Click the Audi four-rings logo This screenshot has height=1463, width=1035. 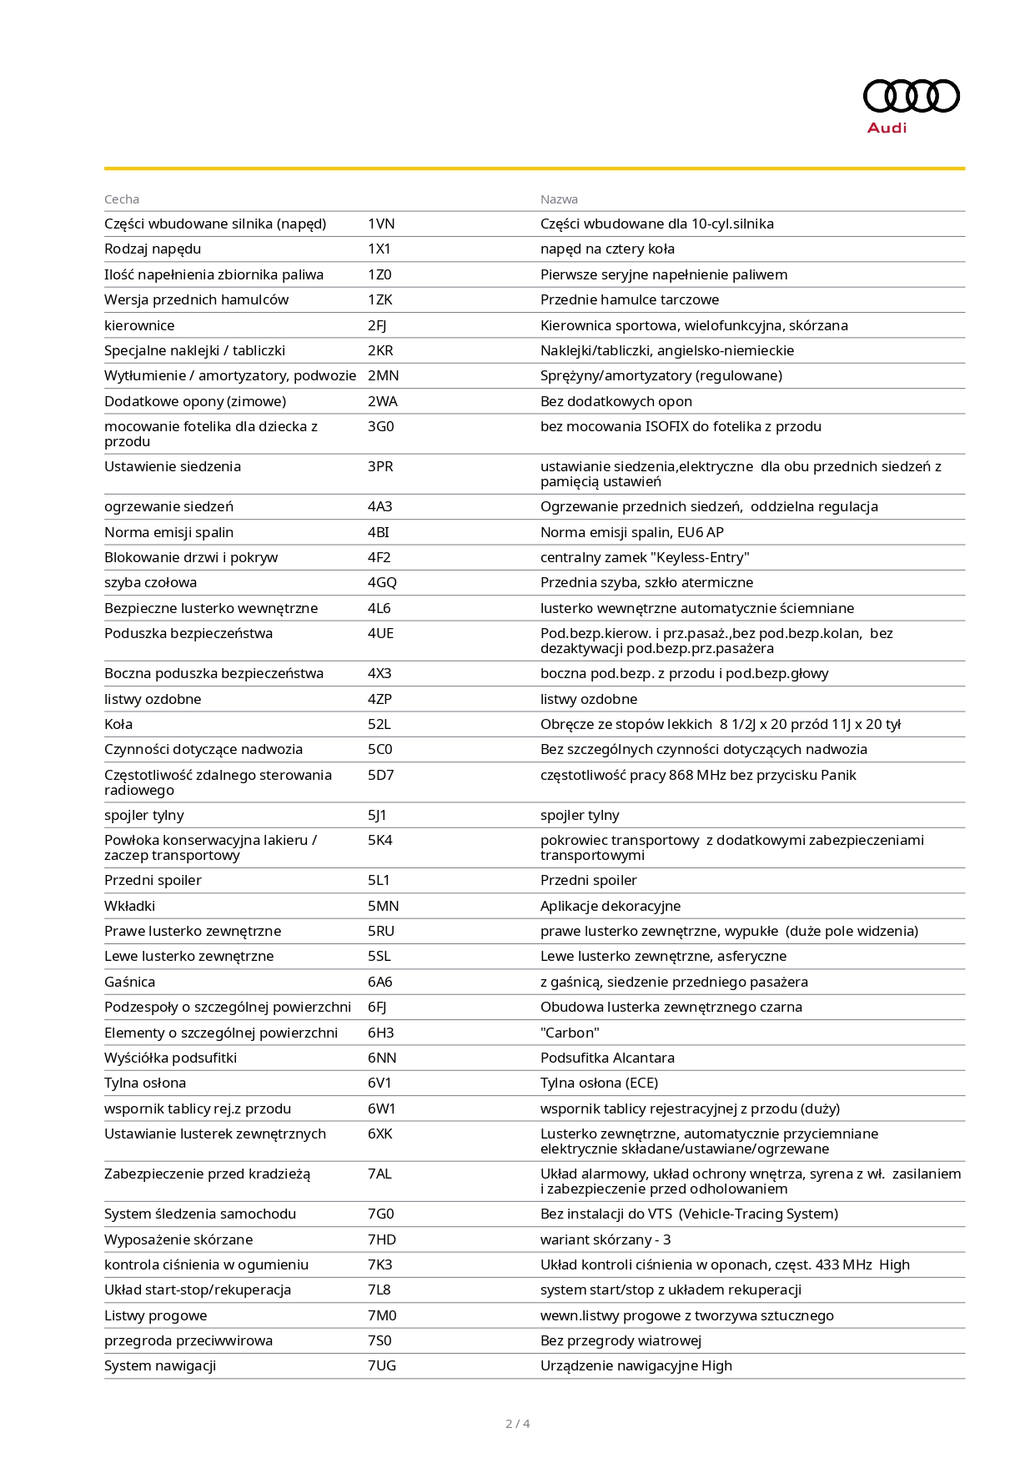point(911,96)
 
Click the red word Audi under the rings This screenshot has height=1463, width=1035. point(887,128)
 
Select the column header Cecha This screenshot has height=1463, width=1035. point(122,199)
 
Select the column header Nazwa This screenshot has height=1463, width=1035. point(559,199)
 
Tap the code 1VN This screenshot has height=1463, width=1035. point(381,224)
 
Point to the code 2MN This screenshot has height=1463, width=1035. point(383,375)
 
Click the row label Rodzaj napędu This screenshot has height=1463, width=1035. point(153,249)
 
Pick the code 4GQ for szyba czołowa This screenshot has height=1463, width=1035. point(382,582)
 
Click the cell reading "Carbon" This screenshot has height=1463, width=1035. point(570,1033)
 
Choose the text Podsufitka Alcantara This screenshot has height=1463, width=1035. point(607,1058)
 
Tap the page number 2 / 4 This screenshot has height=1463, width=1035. point(517,1424)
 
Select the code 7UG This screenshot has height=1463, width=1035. point(382,1365)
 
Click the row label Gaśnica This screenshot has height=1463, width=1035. point(129,982)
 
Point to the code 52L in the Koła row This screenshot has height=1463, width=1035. point(379,724)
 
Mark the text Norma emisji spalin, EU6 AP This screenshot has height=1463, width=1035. point(631,532)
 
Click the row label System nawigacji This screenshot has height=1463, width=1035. point(160,1365)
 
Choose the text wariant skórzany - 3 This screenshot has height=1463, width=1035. point(605,1239)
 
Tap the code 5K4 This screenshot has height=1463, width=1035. point(379,840)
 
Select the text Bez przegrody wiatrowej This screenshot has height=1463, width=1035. point(620,1340)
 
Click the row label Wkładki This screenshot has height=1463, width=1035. point(129,906)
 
